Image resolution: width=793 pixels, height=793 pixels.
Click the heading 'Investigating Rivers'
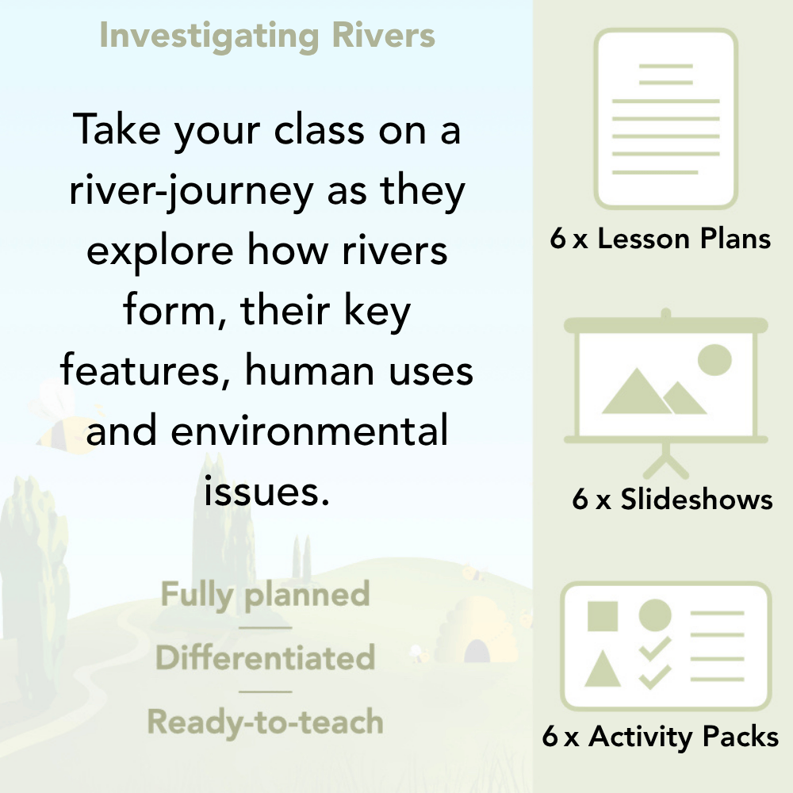pyautogui.click(x=267, y=36)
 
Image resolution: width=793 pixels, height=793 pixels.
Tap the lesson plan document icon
pyautogui.click(x=666, y=119)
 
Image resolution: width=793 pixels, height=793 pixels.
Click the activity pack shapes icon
pyautogui.click(x=666, y=646)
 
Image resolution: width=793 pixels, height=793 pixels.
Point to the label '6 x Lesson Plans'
pyautogui.click(x=661, y=239)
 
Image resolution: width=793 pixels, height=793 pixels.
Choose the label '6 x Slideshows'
pyautogui.click(x=672, y=499)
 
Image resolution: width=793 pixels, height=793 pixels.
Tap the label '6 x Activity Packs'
pyautogui.click(x=661, y=737)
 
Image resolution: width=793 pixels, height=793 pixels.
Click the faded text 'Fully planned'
pyautogui.click(x=265, y=595)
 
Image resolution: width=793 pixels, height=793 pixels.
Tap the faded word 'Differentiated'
pyautogui.click(x=265, y=658)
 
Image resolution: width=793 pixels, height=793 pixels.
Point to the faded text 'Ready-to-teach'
pyautogui.click(x=265, y=722)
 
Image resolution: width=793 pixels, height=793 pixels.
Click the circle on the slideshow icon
pyautogui.click(x=714, y=358)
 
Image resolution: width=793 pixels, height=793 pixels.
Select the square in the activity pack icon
pyautogui.click(x=603, y=615)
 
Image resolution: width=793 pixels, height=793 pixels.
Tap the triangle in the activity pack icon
pyautogui.click(x=603, y=670)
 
